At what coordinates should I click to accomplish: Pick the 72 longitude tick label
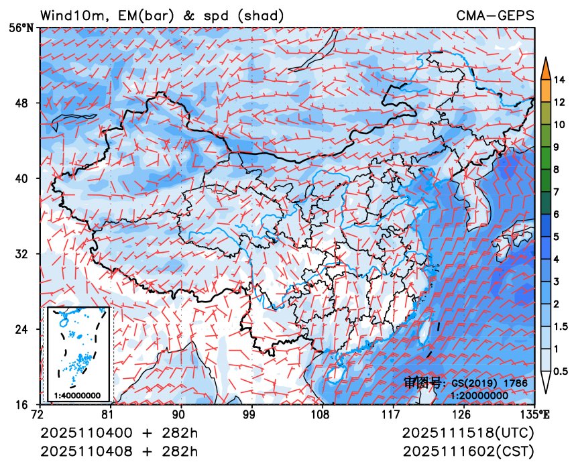pyautogui.click(x=40, y=414)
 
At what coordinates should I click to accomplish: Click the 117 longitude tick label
pyautogui.click(x=393, y=414)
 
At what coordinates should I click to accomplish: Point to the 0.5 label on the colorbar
pyautogui.click(x=562, y=371)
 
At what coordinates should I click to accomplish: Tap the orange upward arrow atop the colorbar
pyautogui.click(x=546, y=67)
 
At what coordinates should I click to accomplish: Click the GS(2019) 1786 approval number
pyautogui.click(x=489, y=383)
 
